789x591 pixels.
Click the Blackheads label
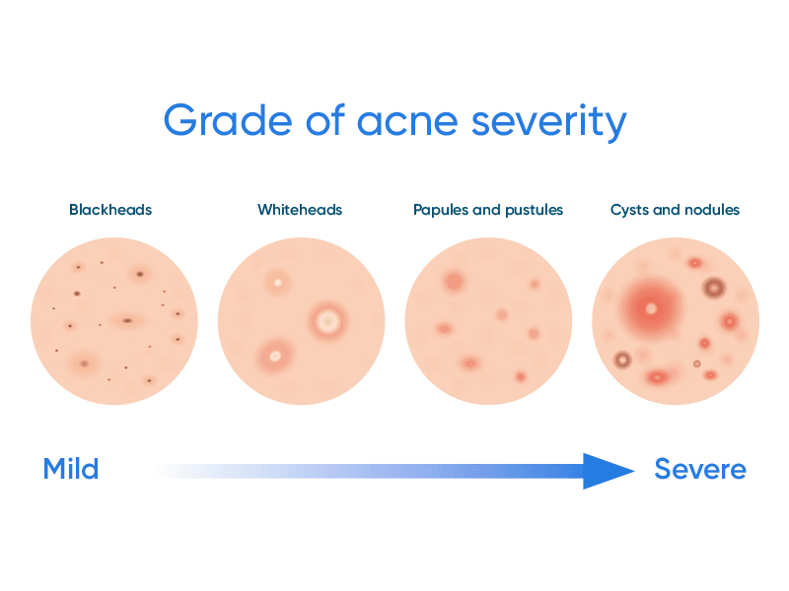pyautogui.click(x=110, y=210)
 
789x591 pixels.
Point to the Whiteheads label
pyautogui.click(x=300, y=210)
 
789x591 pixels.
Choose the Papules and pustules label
pyautogui.click(x=488, y=210)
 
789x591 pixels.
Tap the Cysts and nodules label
pyautogui.click(x=675, y=210)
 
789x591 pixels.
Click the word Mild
pyautogui.click(x=71, y=469)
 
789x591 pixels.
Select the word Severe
pyautogui.click(x=700, y=469)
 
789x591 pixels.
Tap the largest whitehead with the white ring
pyautogui.click(x=327, y=320)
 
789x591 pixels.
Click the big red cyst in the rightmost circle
pyautogui.click(x=650, y=308)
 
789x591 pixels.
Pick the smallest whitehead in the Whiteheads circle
pyautogui.click(x=278, y=284)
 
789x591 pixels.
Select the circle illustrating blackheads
pyautogui.click(x=113, y=321)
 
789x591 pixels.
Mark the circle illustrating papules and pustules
pyautogui.click(x=488, y=321)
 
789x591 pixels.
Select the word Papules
pyautogui.click(x=437, y=210)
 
